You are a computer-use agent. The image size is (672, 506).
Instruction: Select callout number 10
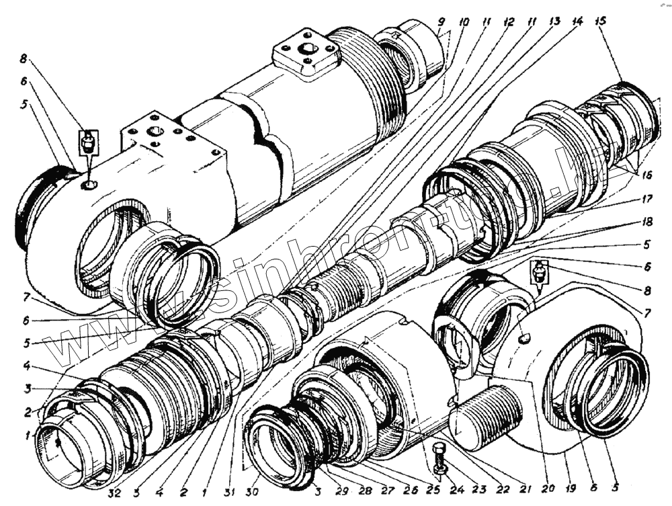pyautogui.click(x=464, y=22)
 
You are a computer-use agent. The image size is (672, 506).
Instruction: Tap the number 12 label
pyautogui.click(x=509, y=22)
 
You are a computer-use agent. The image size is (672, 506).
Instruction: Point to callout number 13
pyautogui.click(x=554, y=22)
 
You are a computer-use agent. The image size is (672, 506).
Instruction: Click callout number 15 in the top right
pyautogui.click(x=600, y=22)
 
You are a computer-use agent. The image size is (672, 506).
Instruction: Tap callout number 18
pyautogui.click(x=646, y=221)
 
